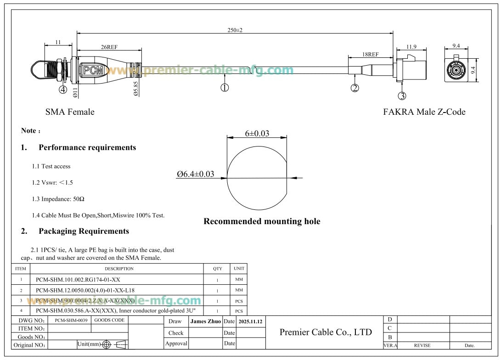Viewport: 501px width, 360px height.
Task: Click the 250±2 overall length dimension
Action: pos(235,30)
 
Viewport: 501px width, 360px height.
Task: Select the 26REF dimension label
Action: pos(108,46)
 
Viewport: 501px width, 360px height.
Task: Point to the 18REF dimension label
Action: pos(370,54)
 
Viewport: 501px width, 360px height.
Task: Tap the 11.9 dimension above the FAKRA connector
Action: pos(411,46)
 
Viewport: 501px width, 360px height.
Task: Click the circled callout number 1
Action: pos(225,87)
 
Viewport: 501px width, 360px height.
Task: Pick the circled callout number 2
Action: pos(355,88)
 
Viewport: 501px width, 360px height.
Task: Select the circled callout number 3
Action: pos(402,96)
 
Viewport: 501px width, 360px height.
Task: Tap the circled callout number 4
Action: pos(62,89)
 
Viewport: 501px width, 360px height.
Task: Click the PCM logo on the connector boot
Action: pos(94,71)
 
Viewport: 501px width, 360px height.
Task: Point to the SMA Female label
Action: pos(70,112)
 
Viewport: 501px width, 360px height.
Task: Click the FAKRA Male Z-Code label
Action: pos(424,112)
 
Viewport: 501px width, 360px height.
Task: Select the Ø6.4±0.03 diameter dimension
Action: pos(196,174)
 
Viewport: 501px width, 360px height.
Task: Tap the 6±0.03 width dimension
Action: pos(257,134)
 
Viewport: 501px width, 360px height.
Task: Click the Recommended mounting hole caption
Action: pos(262,221)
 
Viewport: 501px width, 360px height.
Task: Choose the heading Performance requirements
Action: pos(87,147)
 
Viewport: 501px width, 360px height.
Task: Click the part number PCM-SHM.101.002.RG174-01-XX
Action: pos(78,279)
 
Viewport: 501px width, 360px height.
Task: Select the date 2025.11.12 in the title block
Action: pos(251,322)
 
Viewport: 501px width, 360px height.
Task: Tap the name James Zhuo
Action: pos(205,322)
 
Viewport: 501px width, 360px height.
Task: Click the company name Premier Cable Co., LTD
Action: pos(326,332)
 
